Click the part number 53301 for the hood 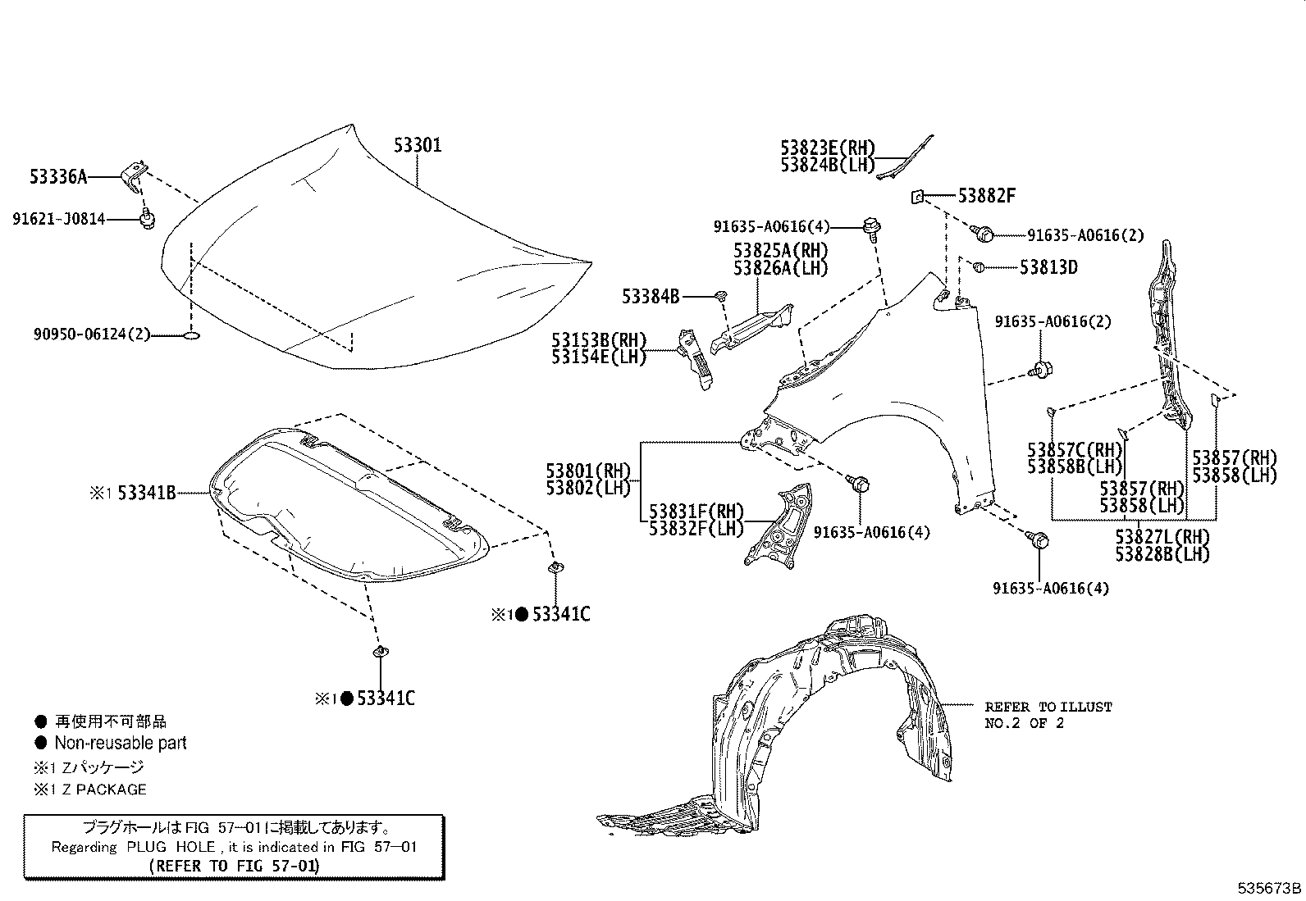417,146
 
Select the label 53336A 57,176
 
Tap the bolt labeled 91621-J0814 148,218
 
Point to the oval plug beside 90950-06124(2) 191,335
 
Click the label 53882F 987,196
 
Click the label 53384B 651,296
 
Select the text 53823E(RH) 828,148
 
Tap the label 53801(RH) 588,471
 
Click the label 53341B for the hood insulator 146,493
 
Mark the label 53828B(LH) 1162,554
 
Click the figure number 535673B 1269,888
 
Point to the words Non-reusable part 120,744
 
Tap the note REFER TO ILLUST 1048,707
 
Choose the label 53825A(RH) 780,251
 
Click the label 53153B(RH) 599,340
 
